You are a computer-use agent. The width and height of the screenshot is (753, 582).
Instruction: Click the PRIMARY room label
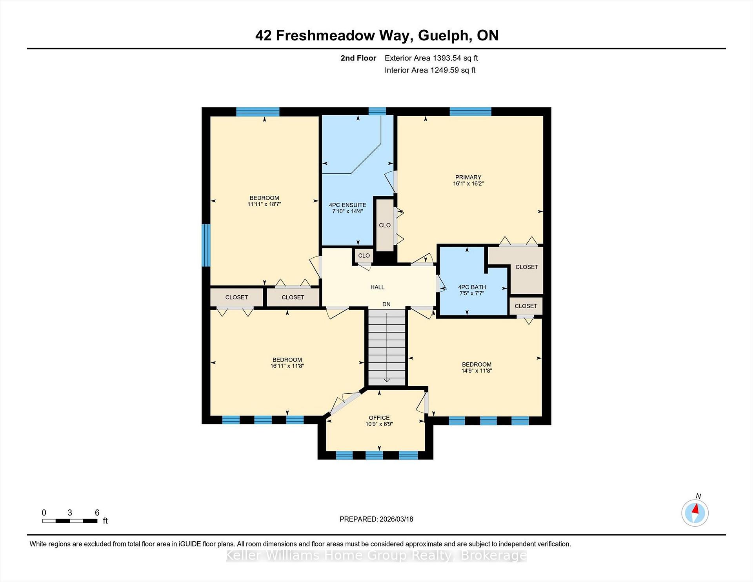click(x=468, y=177)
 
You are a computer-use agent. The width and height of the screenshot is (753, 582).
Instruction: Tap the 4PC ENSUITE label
click(x=347, y=205)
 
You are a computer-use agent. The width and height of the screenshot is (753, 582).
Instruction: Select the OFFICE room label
click(x=379, y=418)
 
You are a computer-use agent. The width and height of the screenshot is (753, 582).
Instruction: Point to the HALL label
click(x=377, y=287)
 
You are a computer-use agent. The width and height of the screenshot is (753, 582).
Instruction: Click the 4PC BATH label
click(x=472, y=287)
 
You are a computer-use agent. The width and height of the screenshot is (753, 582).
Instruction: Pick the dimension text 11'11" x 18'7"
click(x=264, y=204)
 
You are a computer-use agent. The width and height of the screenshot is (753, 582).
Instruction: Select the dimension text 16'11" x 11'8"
click(x=287, y=366)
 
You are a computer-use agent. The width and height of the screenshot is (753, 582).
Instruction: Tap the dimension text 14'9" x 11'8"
click(x=477, y=371)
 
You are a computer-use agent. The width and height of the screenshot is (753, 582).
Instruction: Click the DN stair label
click(x=386, y=304)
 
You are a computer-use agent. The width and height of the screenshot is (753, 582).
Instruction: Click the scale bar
click(x=70, y=521)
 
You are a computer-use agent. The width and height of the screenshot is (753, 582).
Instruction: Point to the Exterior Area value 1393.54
click(x=447, y=58)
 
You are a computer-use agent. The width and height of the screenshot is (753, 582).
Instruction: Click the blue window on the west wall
click(x=206, y=245)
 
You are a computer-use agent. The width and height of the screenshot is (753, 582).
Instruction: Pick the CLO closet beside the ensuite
click(x=385, y=225)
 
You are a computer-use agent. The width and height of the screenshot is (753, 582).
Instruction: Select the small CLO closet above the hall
click(x=364, y=256)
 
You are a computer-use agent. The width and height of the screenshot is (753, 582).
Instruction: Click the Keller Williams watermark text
click(x=376, y=556)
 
